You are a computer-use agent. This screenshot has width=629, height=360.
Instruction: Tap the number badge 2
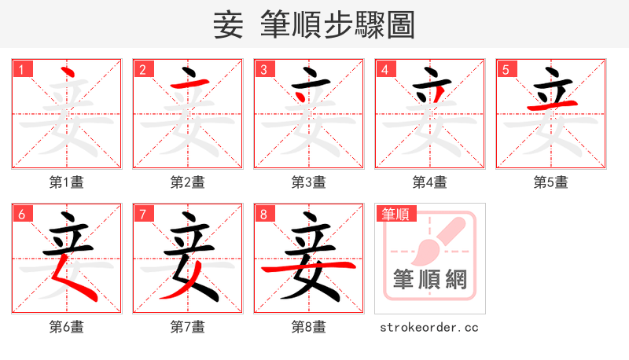pyautogui.click(x=142, y=69)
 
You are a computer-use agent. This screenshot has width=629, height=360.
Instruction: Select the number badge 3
pyautogui.click(x=263, y=69)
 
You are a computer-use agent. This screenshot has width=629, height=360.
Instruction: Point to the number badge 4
pyautogui.click(x=384, y=69)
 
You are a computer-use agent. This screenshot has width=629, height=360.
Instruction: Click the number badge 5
pyautogui.click(x=506, y=69)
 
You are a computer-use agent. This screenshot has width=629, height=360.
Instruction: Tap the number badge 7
pyautogui.click(x=142, y=214)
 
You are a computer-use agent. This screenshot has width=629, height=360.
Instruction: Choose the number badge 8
pyautogui.click(x=263, y=214)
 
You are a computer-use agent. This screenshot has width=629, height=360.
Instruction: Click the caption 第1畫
pyautogui.click(x=67, y=182)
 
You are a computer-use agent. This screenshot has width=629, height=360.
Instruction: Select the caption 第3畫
pyautogui.click(x=309, y=182)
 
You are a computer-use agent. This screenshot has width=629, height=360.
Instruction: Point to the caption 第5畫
pyautogui.click(x=551, y=182)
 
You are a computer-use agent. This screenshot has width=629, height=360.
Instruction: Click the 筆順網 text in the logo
pyautogui.click(x=429, y=279)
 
